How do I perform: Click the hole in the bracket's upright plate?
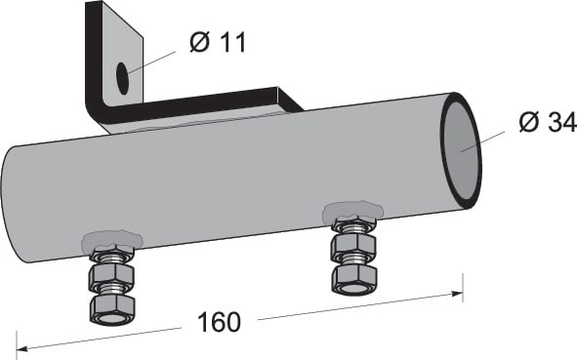[123, 78]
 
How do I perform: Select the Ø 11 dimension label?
[218, 42]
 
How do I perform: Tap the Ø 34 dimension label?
[546, 124]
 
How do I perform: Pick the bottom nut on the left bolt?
[112, 309]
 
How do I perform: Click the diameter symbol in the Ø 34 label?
[528, 124]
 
